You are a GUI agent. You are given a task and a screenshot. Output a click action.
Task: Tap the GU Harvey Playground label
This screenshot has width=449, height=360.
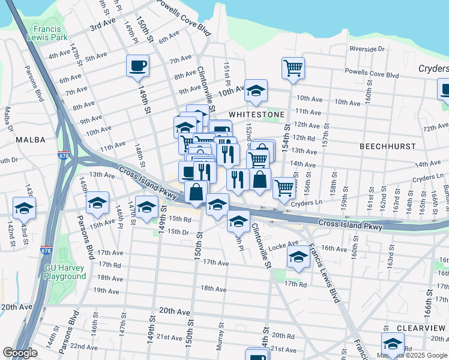click(x=65, y=272)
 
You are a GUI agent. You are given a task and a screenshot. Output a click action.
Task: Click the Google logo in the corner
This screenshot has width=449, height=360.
click(x=19, y=353)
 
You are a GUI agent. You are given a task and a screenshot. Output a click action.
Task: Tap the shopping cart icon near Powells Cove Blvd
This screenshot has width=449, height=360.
click(x=293, y=67)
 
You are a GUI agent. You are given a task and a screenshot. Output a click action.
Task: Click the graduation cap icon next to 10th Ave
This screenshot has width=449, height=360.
click(x=256, y=90)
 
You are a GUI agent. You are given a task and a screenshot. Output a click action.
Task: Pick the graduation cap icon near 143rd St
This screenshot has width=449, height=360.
click(x=25, y=208)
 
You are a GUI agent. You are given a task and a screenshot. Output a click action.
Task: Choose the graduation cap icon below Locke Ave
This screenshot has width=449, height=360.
click(x=298, y=257)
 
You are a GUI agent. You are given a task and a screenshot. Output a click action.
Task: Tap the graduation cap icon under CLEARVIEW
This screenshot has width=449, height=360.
click(x=393, y=343)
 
